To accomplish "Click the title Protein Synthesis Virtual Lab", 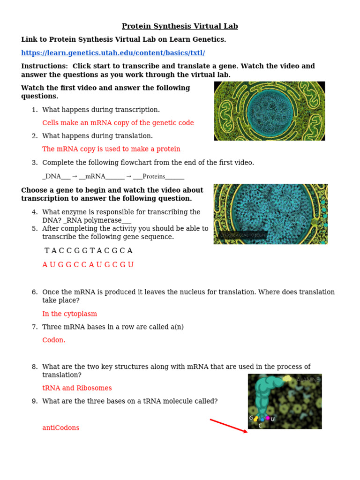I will coord(180,26).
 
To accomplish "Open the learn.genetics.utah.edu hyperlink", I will coord(113,53).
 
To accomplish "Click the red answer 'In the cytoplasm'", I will coord(69,314).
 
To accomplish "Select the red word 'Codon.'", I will coord(54,340).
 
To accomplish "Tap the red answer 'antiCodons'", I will coord(61,427).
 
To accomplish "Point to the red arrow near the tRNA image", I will coord(228,426).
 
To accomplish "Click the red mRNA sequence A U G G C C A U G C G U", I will coord(88,265).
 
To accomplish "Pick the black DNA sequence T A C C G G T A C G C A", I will coord(88,251).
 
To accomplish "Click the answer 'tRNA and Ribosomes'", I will coord(77,388).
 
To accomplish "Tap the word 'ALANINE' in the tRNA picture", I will coord(308,380).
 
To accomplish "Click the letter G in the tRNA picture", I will coord(251,418).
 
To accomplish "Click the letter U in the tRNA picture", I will coord(273,419).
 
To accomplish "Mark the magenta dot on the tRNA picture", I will coord(268,418).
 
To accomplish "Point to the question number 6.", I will coord(34,292).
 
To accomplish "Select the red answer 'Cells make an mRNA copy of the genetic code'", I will coord(118,123).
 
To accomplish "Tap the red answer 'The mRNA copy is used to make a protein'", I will coord(111,149).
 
